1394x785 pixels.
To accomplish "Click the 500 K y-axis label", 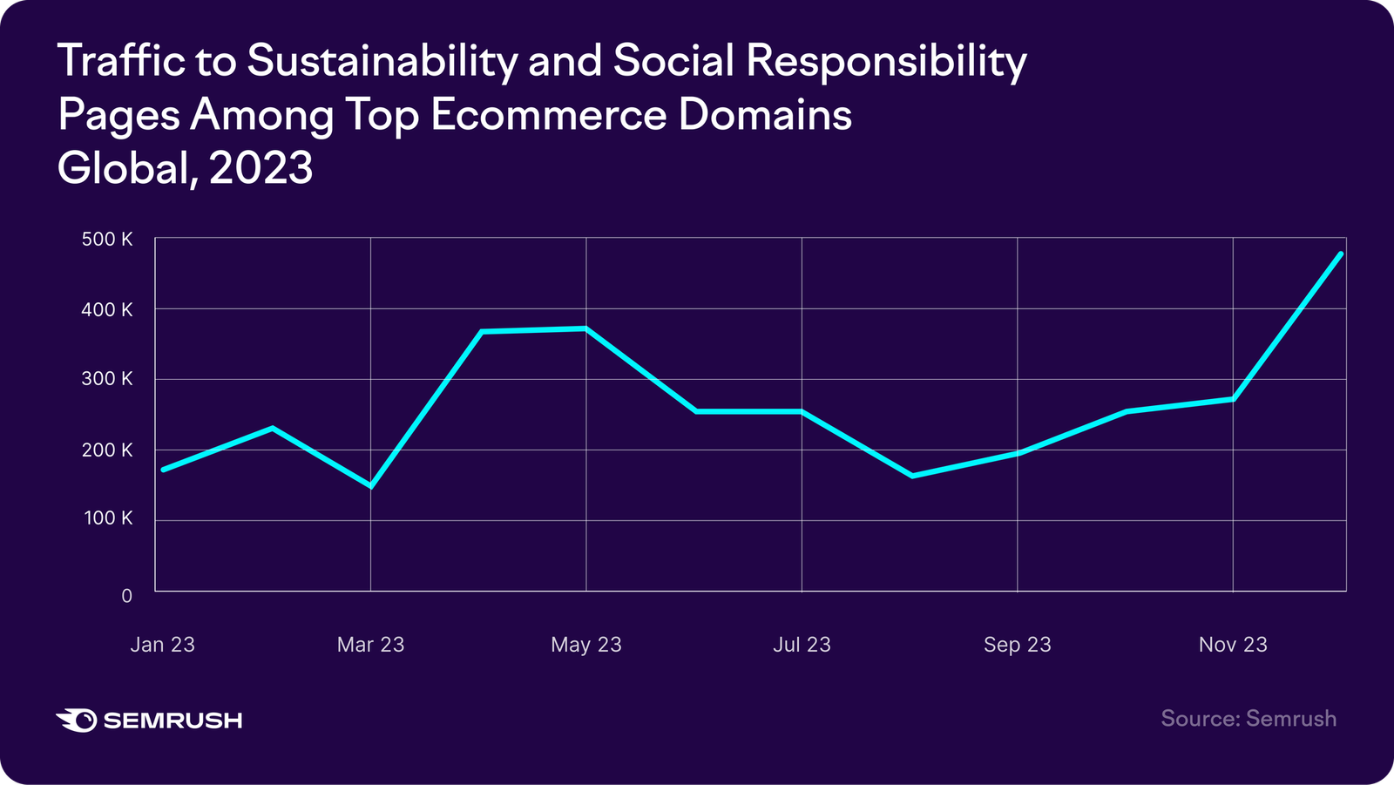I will coord(107,240).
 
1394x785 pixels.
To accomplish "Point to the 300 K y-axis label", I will coord(107,379).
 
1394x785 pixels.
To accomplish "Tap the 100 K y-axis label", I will coord(107,518).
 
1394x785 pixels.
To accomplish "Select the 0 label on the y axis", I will coord(127,596).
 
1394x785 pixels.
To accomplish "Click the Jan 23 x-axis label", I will coord(163,645).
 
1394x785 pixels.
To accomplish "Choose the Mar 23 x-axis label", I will coord(370,645).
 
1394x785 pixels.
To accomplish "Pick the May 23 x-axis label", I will coord(586,645).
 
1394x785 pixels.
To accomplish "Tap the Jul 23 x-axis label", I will coord(802,645).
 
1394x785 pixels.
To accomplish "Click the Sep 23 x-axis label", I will coord(1017,645).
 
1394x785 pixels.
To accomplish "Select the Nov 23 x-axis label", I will coord(1233,645).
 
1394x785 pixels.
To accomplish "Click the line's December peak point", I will coord(1340,254).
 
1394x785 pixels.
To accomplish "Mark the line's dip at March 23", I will coord(370,486).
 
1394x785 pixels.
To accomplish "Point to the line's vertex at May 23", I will coord(586,328).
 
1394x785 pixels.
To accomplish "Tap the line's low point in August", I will coord(911,476).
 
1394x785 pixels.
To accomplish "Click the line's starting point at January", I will coord(163,470).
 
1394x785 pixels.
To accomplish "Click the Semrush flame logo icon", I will coord(77,720).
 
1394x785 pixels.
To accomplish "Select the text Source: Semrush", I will coord(1249,719).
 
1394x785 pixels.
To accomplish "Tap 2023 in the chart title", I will coord(261,168).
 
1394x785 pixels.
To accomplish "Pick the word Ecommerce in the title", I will coord(549,116).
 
